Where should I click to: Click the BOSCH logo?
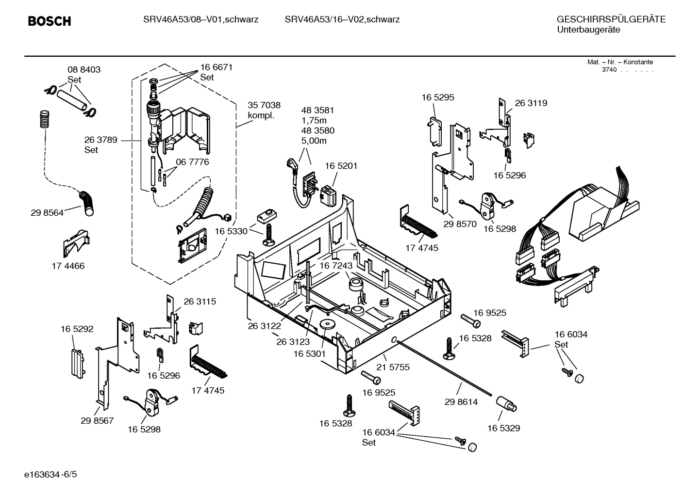(x=50, y=21)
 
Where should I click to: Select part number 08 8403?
(x=83, y=70)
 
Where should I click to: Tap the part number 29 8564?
(x=47, y=212)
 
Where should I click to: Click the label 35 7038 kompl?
(x=264, y=110)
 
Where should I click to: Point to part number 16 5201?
(x=341, y=166)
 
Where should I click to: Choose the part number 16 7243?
(x=335, y=266)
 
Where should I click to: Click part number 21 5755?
(x=393, y=367)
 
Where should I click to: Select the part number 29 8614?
(x=461, y=402)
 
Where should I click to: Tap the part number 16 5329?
(x=503, y=428)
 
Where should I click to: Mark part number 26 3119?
(x=531, y=103)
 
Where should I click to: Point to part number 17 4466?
(x=68, y=266)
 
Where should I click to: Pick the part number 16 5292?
(x=77, y=329)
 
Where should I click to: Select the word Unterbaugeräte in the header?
(x=588, y=30)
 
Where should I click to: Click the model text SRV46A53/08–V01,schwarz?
(x=200, y=20)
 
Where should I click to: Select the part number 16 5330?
(x=231, y=232)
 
